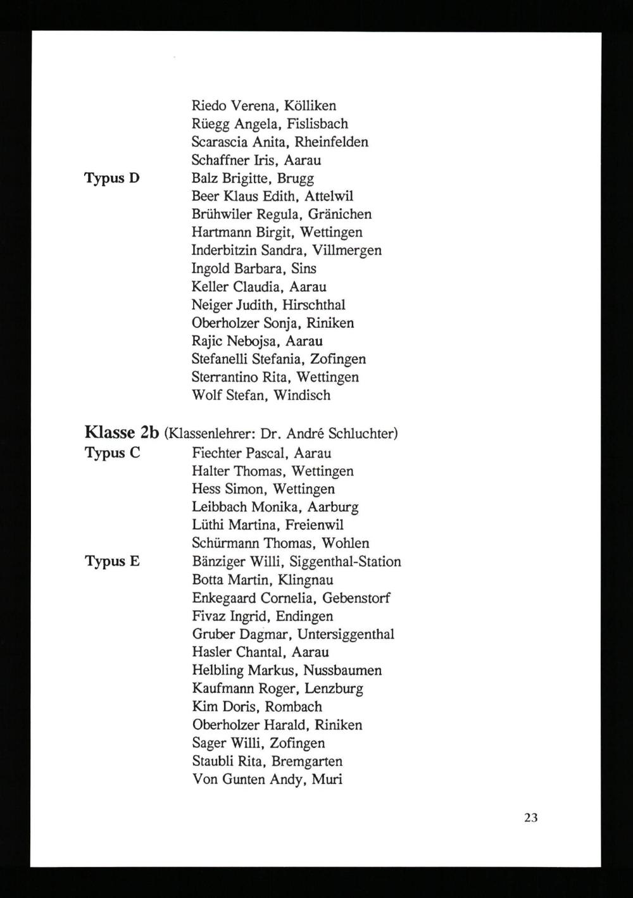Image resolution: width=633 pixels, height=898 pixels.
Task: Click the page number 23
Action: (530, 818)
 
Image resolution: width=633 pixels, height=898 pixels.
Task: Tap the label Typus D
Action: (112, 178)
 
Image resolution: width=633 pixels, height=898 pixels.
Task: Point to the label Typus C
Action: (112, 453)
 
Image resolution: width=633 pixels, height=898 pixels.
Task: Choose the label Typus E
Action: (112, 561)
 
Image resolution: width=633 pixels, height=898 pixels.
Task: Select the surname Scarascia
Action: (220, 142)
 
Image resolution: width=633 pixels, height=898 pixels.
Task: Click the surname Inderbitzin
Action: (225, 250)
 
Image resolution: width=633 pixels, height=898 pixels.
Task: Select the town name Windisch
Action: (302, 396)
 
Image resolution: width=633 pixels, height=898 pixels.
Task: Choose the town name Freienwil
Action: (315, 525)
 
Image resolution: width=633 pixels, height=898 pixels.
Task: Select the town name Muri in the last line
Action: (327, 779)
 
